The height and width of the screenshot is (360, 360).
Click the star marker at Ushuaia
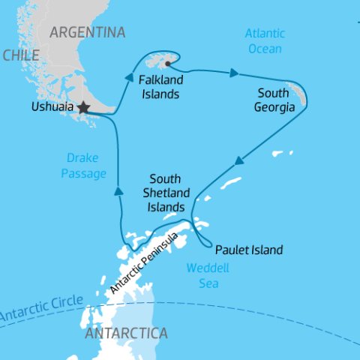pos(83,108)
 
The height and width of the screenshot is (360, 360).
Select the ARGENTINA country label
pos(87,32)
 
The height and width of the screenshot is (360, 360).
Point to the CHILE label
pos(20,56)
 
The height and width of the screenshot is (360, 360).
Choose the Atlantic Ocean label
pos(264,40)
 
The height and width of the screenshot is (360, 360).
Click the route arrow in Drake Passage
pos(118,192)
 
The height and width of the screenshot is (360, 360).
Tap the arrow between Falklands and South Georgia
pos(235,73)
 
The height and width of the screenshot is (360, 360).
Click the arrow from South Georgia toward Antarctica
pos(239,160)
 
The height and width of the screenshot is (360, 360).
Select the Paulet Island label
pos(249,250)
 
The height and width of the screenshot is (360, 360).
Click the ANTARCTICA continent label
pos(126,332)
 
